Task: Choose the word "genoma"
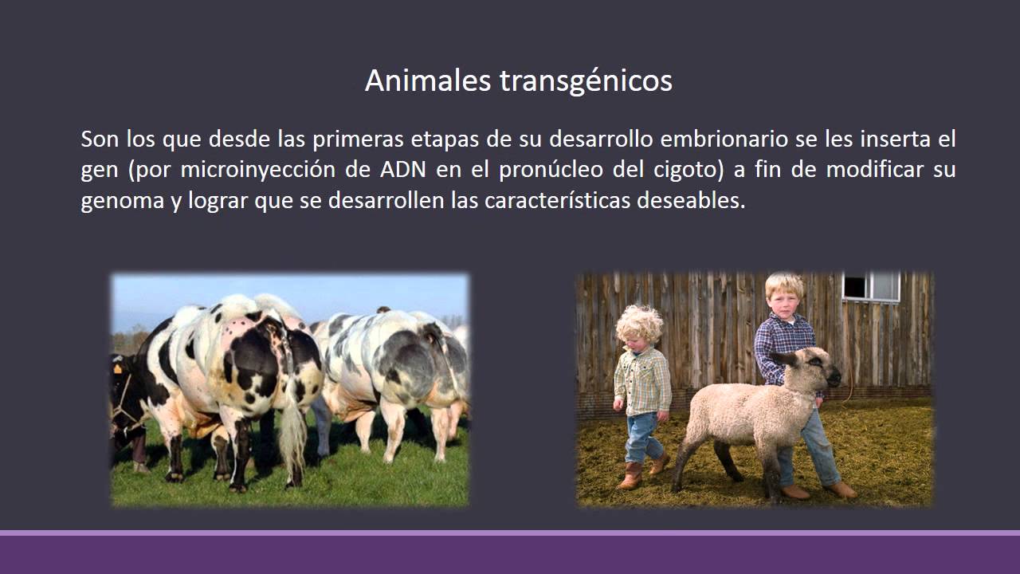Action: point(122,200)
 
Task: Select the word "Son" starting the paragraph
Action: point(100,140)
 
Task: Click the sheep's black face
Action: point(821,372)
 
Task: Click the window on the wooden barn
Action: point(872,286)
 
